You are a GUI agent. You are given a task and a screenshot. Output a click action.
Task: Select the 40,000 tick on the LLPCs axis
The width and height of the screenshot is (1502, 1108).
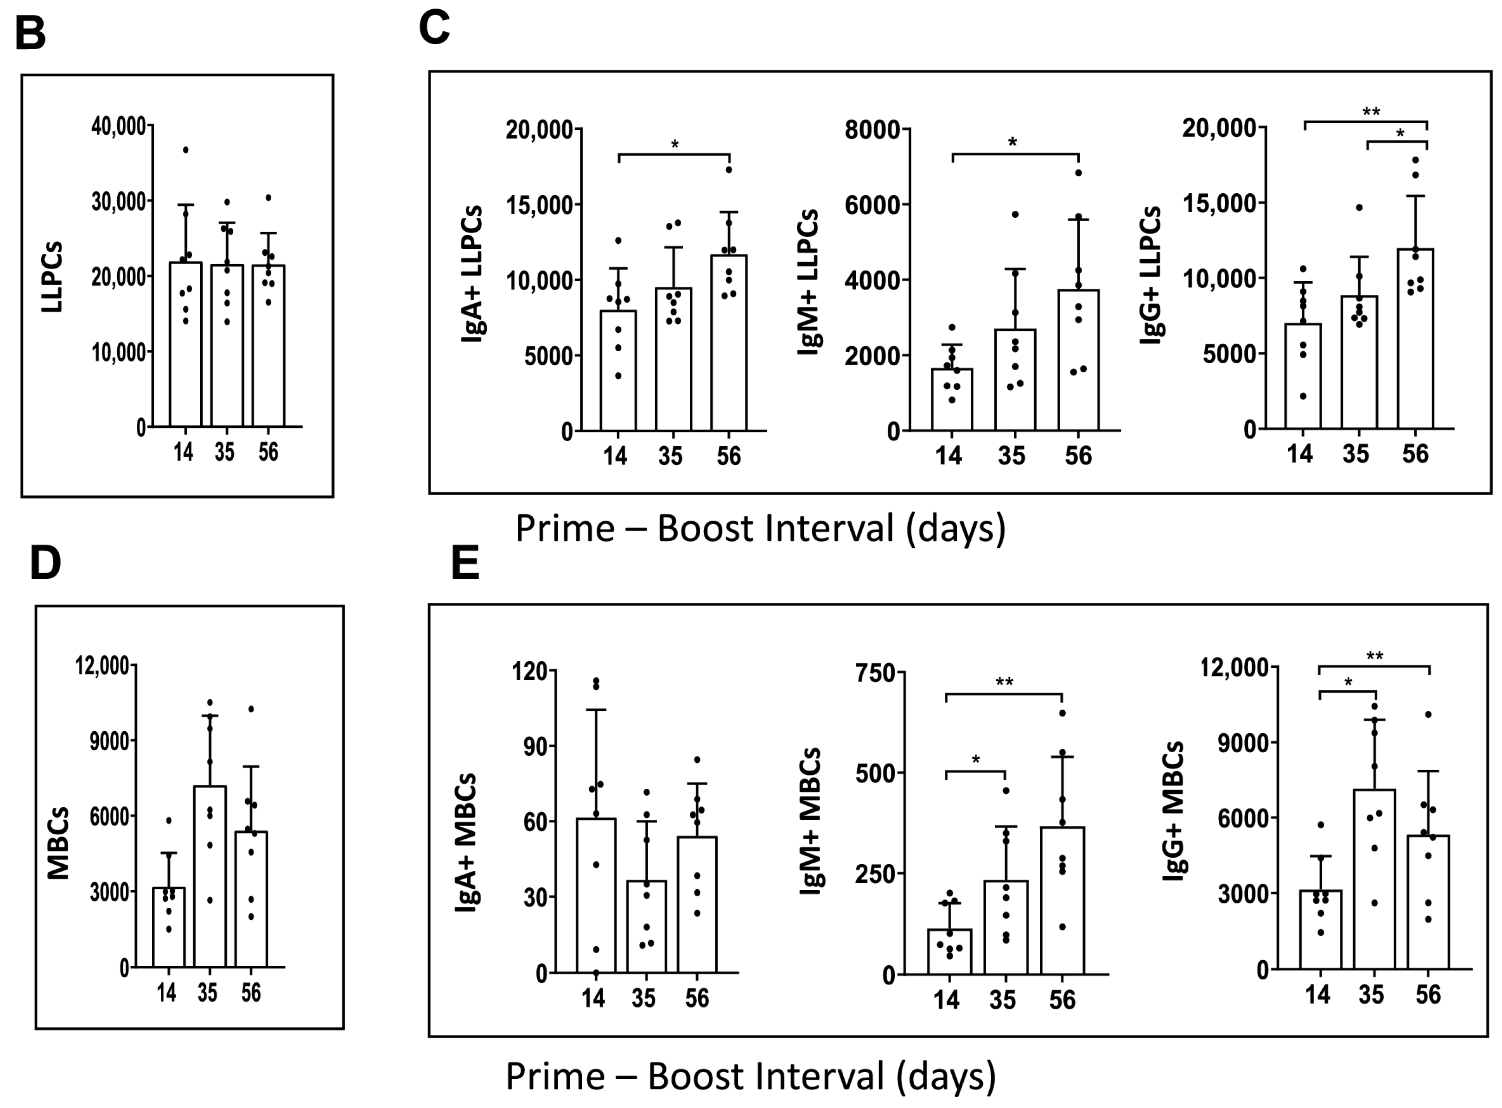pyautogui.click(x=118, y=126)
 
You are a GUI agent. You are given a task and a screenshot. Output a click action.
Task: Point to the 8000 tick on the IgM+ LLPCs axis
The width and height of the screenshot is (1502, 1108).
pyautogui.click(x=872, y=129)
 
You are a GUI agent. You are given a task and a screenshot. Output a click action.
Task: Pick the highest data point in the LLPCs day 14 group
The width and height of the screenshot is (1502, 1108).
pyautogui.click(x=186, y=150)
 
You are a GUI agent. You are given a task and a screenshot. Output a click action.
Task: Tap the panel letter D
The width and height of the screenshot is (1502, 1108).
pyautogui.click(x=45, y=563)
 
